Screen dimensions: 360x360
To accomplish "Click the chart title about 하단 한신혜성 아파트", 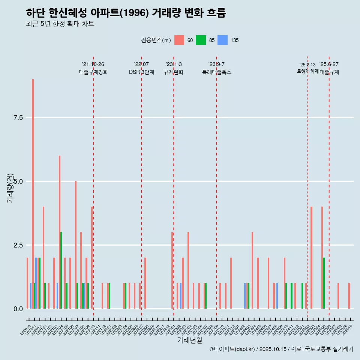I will (x=126, y=13).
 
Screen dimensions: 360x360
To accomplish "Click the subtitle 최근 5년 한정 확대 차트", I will (x=60, y=24).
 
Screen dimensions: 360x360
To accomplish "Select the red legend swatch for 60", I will (x=179, y=40).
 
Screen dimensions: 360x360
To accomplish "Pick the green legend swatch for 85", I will (x=201, y=40).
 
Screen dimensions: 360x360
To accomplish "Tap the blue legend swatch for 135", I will (x=223, y=40).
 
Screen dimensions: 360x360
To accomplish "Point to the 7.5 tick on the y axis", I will (x=18, y=118).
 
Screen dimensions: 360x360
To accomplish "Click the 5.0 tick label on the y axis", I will (x=18, y=181).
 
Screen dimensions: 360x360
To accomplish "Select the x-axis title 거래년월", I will (x=189, y=340).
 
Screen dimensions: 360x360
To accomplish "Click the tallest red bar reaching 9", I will (x=33, y=193).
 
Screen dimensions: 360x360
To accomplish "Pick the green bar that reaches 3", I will (x=61, y=270).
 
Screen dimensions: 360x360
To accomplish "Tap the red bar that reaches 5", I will (x=76, y=244).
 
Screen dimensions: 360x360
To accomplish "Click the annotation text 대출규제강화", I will (x=93, y=72).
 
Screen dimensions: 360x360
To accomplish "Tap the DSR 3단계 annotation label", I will (x=141, y=72).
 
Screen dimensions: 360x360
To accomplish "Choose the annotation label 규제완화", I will (x=174, y=72).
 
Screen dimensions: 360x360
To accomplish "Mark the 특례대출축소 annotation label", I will (x=217, y=72).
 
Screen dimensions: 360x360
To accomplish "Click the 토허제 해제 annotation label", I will (x=307, y=71).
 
